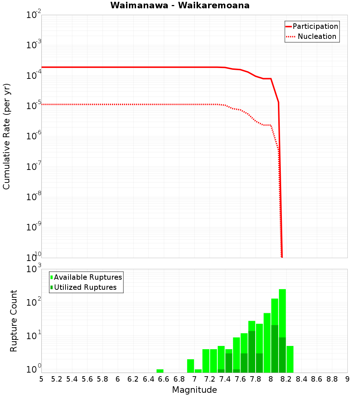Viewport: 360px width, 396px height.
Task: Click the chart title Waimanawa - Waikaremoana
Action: click(x=180, y=5)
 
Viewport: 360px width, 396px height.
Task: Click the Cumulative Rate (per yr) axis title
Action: click(x=6, y=136)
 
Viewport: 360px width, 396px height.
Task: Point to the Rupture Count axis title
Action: click(x=14, y=321)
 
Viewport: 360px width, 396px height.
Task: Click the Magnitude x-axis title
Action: click(x=194, y=390)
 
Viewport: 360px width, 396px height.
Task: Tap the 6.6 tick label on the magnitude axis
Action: click(x=164, y=379)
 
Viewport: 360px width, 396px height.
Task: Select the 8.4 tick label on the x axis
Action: click(x=301, y=379)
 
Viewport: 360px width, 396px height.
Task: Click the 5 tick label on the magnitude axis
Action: click(x=41, y=379)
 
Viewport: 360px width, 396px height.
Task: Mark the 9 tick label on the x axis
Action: click(x=347, y=379)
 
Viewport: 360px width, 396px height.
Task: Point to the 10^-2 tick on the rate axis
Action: click(x=34, y=15)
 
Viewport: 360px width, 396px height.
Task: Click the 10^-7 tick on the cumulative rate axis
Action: click(x=34, y=167)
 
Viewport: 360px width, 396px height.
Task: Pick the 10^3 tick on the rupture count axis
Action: click(x=34, y=269)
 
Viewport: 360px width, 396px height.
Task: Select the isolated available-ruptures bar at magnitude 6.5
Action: click(x=160, y=371)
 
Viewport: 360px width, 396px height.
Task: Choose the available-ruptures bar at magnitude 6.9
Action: click(x=190, y=366)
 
